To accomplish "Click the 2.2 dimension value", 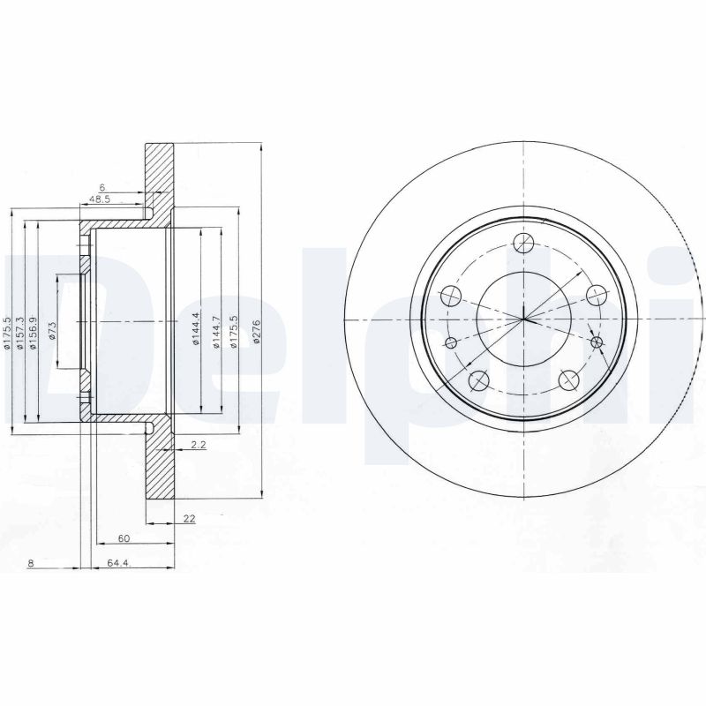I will pos(198,446).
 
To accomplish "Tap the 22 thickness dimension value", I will pos(189,519).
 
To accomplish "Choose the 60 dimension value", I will pos(124,537).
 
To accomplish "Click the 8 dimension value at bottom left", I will pos(31,563).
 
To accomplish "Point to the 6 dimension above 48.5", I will pos(102,187).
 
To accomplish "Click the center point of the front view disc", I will pos(522,319).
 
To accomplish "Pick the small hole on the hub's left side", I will pos(451,342).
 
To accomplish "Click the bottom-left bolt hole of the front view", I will pos(479,380).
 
